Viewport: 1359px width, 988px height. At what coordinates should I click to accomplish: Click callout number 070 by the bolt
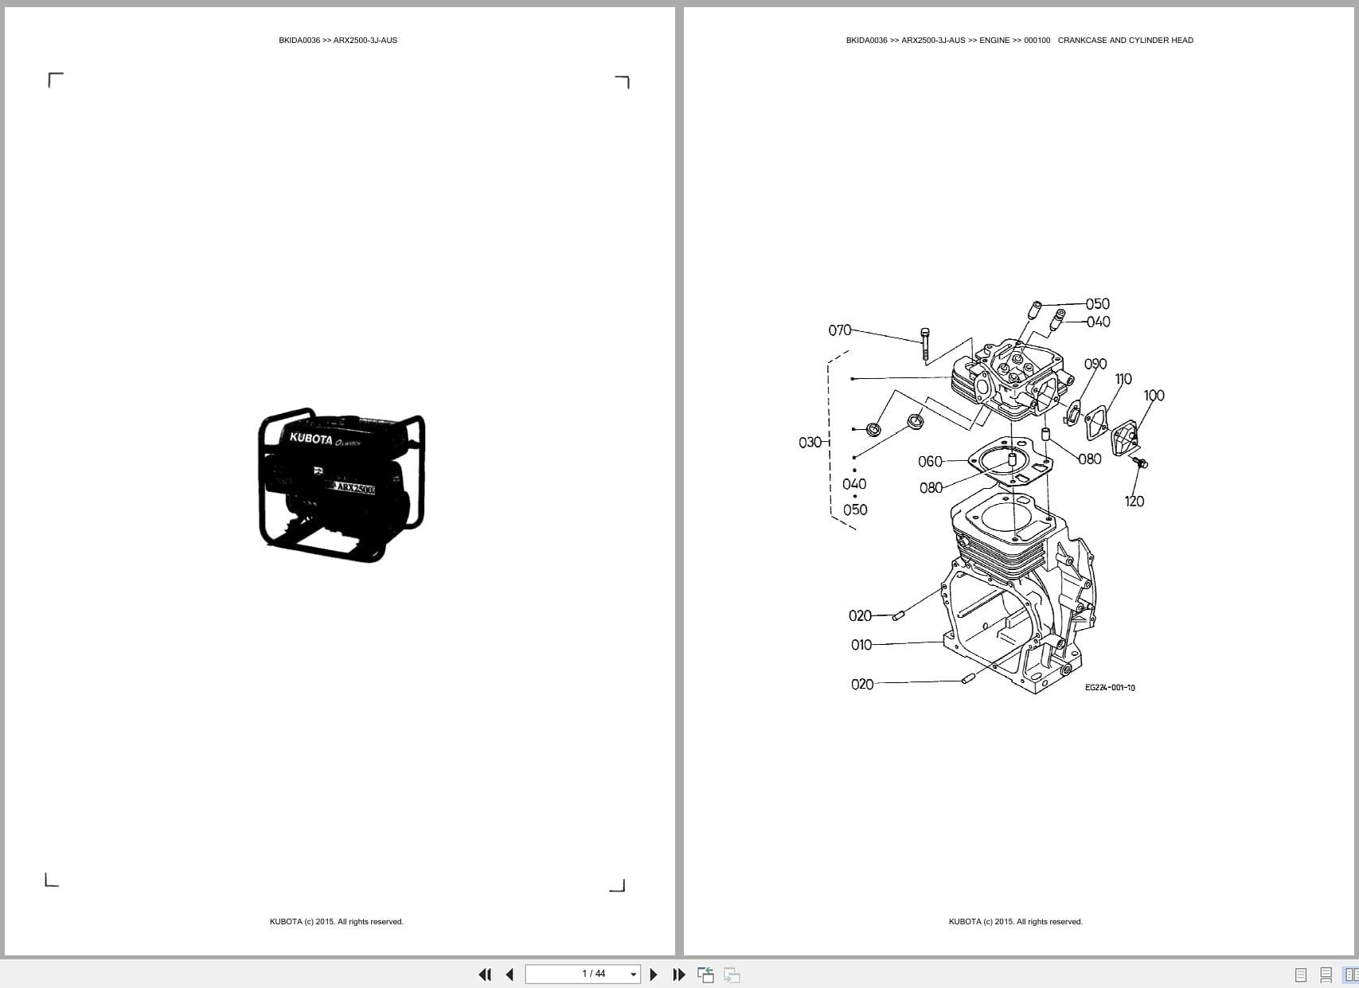coord(839,330)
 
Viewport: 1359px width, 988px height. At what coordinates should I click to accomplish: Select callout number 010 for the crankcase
coord(861,645)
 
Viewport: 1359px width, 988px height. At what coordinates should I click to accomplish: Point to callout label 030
coord(810,442)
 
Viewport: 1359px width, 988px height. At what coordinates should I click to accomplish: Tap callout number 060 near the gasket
coord(930,462)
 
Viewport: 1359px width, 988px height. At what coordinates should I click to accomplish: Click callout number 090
coord(1095,364)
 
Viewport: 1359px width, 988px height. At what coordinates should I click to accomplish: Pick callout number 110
coord(1123,379)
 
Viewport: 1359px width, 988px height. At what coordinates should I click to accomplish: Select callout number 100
coord(1154,395)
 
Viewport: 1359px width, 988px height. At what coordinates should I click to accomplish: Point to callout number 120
coord(1134,501)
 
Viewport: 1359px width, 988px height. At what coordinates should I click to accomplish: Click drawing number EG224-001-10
coord(1110,688)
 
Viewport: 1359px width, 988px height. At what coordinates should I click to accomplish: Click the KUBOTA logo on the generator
coord(310,438)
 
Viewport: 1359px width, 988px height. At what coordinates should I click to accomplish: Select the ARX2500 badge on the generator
coord(353,487)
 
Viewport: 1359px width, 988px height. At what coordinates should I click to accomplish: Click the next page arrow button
coord(654,974)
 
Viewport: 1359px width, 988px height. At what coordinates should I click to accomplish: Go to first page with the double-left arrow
coord(484,974)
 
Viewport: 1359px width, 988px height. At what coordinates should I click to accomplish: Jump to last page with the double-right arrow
coord(679,974)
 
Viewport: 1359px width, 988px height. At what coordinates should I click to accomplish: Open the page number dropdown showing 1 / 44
coord(634,974)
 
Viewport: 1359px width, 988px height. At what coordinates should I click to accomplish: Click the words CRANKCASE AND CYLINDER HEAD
coord(1125,41)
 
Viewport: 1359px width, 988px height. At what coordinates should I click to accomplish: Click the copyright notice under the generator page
coord(337,922)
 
